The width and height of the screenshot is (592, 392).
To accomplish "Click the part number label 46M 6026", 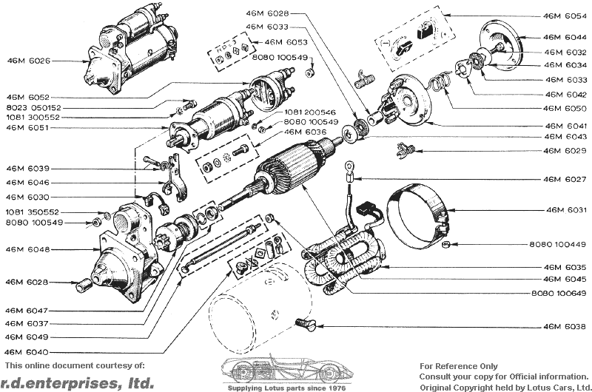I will pos(30,61).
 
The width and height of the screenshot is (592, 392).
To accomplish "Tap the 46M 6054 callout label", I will pos(564,15).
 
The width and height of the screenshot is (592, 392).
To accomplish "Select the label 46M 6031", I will pos(564,210).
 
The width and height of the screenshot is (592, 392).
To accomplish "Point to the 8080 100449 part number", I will pos(557,244).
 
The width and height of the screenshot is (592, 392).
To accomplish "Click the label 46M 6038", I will pos(564,326).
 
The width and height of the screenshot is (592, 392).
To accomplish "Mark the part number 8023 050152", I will pos(33,107).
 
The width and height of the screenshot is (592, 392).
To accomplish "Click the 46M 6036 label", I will pos(306,132).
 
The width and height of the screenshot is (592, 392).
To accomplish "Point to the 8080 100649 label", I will pos(557,294).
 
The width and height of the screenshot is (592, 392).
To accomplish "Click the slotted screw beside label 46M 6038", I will pos(304,322).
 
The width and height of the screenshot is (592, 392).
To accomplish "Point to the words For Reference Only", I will pos(459,366).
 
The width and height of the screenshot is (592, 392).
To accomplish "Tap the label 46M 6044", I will pos(564,36).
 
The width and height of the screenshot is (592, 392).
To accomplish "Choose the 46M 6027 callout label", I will pos(564,179).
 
